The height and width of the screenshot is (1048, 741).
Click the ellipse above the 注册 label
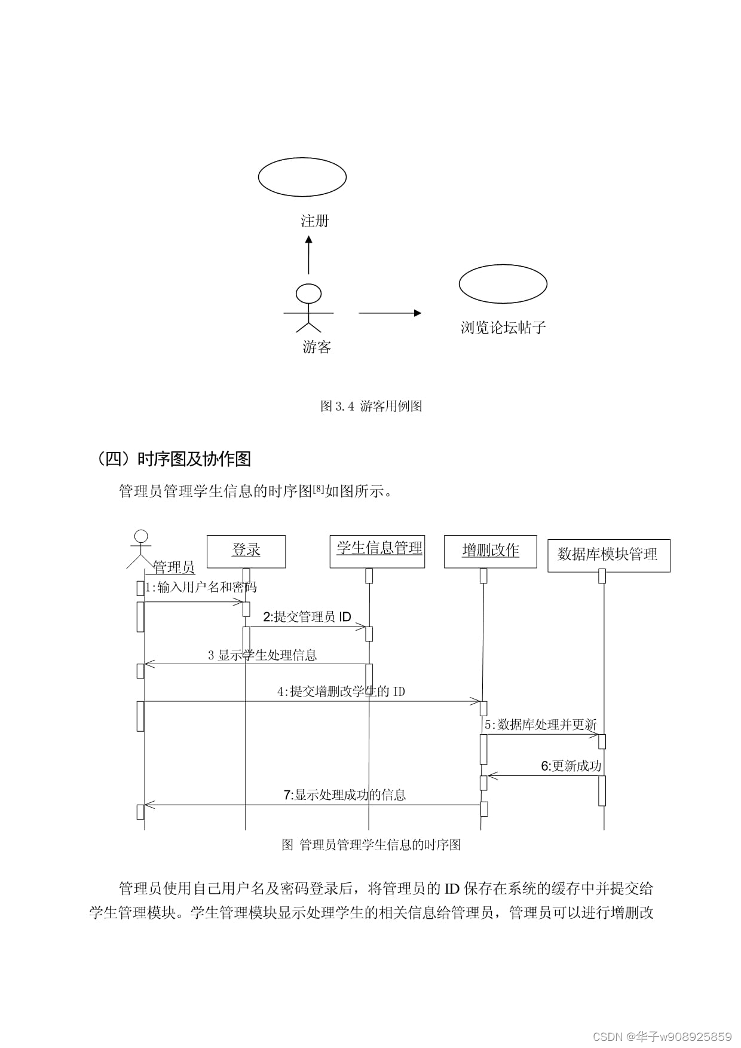tap(302, 177)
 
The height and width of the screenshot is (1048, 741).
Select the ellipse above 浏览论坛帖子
tap(503, 284)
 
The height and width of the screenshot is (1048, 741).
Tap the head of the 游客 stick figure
tap(308, 294)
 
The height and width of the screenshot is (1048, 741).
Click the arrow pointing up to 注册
tap(308, 255)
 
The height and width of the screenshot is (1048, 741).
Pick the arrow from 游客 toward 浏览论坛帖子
tap(390, 313)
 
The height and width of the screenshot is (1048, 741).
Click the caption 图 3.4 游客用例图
tap(371, 407)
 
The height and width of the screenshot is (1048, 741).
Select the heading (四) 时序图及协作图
tap(173, 459)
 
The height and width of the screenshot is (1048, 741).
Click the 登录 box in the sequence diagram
tap(246, 551)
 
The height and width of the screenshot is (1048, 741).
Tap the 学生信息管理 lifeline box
tap(377, 551)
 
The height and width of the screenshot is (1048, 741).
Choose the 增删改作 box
tap(490, 551)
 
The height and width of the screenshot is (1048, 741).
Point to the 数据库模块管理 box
tap(608, 555)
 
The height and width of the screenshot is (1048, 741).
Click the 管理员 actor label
tap(174, 567)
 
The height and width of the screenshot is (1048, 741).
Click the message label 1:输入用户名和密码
tap(201, 587)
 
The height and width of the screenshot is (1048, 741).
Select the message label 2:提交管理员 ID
tap(307, 617)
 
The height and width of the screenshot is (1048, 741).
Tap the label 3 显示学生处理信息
tap(262, 655)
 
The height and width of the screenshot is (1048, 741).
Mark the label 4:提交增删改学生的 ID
tap(341, 692)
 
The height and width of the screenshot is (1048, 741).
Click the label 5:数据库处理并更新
tap(540, 725)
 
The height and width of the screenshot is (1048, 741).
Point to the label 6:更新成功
tap(571, 766)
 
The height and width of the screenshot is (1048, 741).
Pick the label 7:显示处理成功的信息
tap(344, 795)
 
